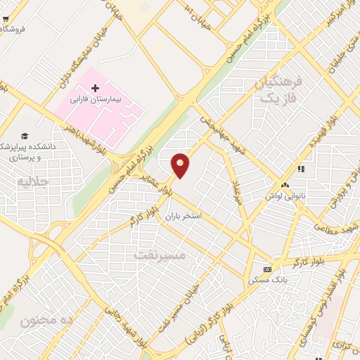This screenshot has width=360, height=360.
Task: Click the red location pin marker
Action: click(x=181, y=165)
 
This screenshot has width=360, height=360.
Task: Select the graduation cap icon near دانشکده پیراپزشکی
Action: click(x=25, y=136)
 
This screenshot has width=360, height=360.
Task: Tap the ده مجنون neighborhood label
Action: click(x=46, y=321)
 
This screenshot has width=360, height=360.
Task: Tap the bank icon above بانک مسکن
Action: click(x=266, y=269)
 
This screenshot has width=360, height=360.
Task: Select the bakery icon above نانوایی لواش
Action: click(x=285, y=185)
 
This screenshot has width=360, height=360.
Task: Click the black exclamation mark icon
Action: click(x=301, y=169)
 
